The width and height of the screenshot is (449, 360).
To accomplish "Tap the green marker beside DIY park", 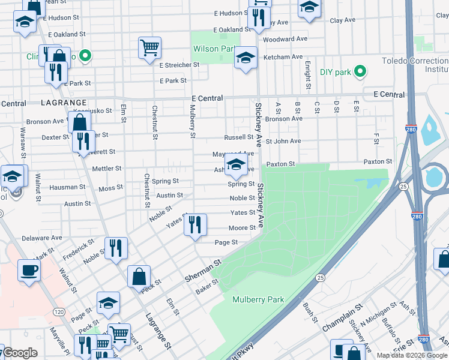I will (360, 72).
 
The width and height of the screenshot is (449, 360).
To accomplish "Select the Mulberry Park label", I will (258, 299).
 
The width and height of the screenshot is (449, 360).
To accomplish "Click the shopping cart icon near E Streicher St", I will (149, 47).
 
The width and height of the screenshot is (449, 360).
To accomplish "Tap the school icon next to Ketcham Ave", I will (245, 58).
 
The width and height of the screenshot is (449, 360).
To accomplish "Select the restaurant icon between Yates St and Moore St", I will (195, 225).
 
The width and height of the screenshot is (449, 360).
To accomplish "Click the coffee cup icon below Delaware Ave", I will (29, 270).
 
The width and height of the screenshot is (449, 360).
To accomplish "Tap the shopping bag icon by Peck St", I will (139, 277).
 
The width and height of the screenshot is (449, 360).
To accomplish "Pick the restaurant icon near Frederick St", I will (116, 248).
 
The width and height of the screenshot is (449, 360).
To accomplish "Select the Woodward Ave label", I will (286, 39).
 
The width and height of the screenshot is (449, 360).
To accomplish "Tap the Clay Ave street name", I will (343, 20).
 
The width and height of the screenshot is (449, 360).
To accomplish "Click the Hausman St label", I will (64, 187).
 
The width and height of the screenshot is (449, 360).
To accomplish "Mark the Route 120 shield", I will (59, 312).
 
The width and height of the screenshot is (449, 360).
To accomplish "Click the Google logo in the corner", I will (20, 353).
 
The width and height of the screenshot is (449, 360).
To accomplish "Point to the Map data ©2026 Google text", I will (411, 355).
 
